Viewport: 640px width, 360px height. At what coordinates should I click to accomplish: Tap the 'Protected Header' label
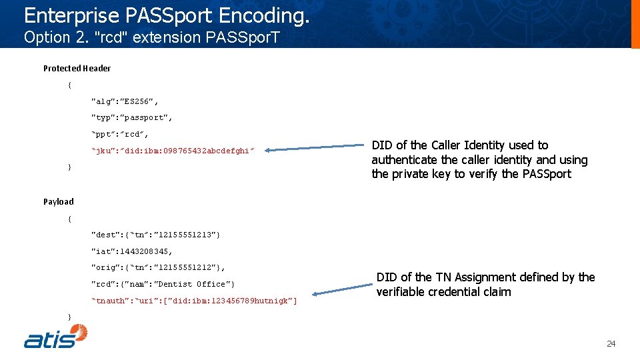(77, 68)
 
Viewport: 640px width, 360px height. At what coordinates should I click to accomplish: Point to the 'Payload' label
(59, 201)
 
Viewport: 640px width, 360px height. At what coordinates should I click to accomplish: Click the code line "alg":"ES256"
(125, 101)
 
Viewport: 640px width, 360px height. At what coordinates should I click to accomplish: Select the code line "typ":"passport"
(131, 118)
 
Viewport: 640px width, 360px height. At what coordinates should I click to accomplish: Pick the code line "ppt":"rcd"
(120, 135)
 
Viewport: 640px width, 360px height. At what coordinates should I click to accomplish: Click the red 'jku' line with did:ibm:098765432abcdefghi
(173, 151)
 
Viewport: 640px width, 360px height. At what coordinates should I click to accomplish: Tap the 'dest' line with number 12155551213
(155, 235)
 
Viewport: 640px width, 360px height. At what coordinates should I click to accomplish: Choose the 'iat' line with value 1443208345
(131, 251)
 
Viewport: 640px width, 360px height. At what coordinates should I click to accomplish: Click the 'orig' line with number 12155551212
(158, 267)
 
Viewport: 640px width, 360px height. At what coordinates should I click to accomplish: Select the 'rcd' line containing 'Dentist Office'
(163, 284)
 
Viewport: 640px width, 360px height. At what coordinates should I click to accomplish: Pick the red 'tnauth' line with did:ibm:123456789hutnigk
(193, 301)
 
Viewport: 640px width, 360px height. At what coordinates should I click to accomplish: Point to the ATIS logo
(56, 336)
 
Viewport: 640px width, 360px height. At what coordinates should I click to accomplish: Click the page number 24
(611, 344)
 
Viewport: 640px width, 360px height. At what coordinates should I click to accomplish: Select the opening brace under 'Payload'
(70, 218)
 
